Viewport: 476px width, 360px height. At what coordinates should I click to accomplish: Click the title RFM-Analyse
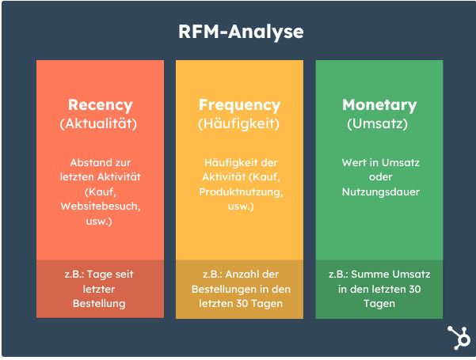coord(241,32)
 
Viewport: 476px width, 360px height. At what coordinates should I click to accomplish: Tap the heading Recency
coord(100,105)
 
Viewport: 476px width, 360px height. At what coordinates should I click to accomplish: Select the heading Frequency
coord(239,105)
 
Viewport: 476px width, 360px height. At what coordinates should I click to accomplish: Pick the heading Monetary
coord(379,105)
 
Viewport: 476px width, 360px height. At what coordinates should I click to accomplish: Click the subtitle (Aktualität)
coord(98,123)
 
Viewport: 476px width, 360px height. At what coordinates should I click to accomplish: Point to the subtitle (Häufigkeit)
coord(238,123)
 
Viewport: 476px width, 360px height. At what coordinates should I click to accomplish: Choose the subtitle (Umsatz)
coord(377,123)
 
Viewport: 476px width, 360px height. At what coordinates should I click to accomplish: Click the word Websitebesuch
coord(100,207)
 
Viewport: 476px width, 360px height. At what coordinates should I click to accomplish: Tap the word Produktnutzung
coord(240,192)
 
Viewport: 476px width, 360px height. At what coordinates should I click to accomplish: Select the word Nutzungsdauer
coord(381,192)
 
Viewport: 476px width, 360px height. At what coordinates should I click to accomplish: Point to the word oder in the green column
coord(381,177)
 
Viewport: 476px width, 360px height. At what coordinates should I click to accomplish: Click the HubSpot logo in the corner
coord(459,338)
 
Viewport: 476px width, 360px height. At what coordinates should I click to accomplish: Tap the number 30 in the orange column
coord(242,304)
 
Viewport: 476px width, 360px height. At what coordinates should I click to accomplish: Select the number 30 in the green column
coord(414,289)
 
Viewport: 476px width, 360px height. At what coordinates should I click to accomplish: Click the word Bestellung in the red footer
coord(99,304)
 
